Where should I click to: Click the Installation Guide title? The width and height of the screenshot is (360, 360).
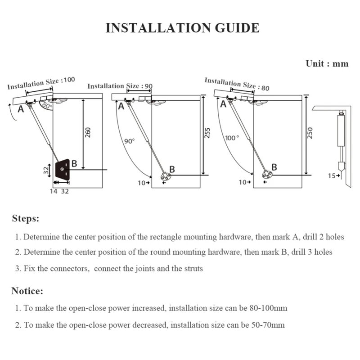[182, 28]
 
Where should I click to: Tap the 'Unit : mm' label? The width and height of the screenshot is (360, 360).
[327, 63]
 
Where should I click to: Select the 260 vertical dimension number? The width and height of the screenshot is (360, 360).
[88, 132]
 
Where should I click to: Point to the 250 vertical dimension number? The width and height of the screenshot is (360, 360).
[310, 133]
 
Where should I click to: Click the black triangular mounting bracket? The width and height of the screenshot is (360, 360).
[62, 169]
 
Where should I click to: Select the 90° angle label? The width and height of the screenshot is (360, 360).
[130, 141]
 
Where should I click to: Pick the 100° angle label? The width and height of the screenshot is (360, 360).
[232, 138]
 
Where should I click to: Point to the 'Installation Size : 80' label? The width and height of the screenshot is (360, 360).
[237, 84]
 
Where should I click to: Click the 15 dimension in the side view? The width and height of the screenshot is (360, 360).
[331, 175]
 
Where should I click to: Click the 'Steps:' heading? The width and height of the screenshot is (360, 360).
[26, 219]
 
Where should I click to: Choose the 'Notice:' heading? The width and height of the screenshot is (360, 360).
[27, 291]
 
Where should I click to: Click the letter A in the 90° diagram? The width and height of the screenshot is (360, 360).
[121, 107]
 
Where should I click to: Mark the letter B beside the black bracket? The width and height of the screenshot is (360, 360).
[74, 163]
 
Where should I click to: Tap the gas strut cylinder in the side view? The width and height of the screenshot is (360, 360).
[341, 130]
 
